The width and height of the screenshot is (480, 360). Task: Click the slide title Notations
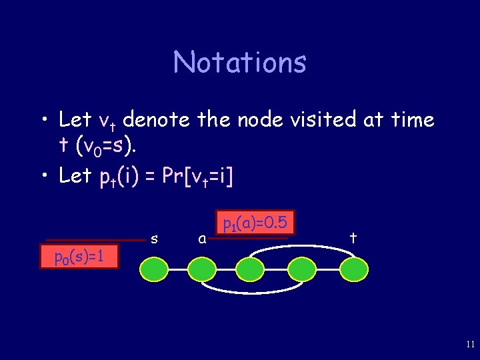[x=240, y=63]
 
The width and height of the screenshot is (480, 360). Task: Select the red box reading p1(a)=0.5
[x=255, y=223]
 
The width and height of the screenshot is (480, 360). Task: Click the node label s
[x=154, y=239]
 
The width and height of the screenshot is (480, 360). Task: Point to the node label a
[x=202, y=239]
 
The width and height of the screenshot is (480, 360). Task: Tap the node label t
[x=353, y=237]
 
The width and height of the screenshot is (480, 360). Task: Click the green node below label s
[x=153, y=269]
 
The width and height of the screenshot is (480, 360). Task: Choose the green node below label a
[x=201, y=269]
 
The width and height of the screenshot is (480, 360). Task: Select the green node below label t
[x=353, y=269]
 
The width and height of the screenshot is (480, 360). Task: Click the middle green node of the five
[x=251, y=269]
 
